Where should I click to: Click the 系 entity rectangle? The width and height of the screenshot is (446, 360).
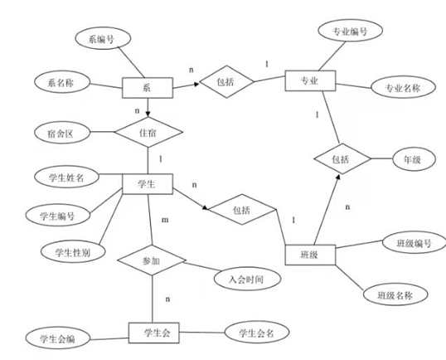tap(147, 88)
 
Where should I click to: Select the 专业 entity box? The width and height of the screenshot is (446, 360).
tap(308, 80)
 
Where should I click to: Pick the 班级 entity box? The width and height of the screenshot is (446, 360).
tap(308, 255)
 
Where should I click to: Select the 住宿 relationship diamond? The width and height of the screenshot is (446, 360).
tap(146, 133)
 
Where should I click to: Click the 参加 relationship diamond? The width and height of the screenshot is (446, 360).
tap(151, 260)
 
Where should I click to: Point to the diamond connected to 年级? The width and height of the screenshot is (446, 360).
tap(341, 158)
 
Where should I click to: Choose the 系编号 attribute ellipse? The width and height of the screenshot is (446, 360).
tap(97, 38)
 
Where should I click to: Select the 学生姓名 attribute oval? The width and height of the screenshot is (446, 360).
tap(64, 177)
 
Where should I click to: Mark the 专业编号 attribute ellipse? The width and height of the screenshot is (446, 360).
tap(350, 32)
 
